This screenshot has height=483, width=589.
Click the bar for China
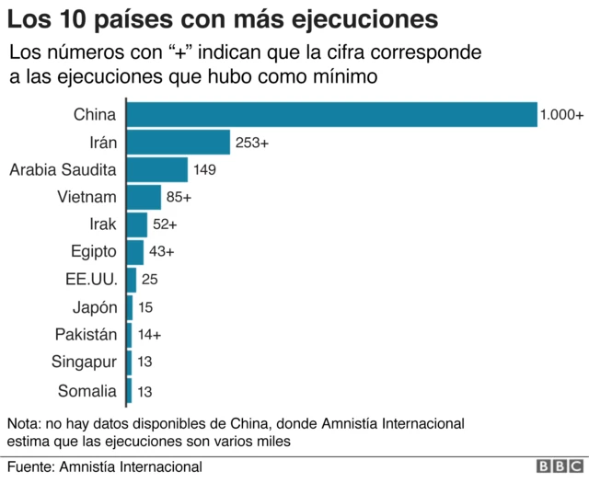click(x=331, y=114)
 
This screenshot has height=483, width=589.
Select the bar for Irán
click(x=178, y=142)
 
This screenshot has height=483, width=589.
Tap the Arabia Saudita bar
click(x=156, y=169)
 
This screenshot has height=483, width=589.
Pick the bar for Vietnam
click(x=144, y=197)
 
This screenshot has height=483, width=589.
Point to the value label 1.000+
click(x=561, y=115)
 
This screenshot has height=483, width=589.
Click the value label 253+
click(x=251, y=143)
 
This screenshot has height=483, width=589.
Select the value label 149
click(x=204, y=170)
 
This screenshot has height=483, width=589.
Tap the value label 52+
click(x=165, y=224)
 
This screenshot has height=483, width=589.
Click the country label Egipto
click(x=94, y=251)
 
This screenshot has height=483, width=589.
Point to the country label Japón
click(x=95, y=307)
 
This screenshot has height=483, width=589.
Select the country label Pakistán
click(x=86, y=334)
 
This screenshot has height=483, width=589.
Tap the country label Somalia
click(x=87, y=390)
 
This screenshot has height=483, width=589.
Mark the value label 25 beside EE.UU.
click(x=150, y=280)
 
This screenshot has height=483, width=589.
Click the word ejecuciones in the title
click(x=353, y=17)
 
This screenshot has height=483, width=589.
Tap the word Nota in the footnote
click(x=24, y=424)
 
